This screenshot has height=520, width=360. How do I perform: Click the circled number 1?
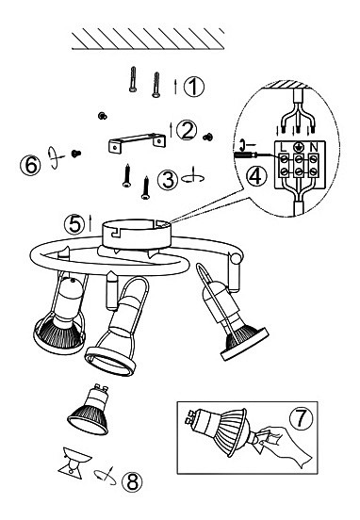point(194,87)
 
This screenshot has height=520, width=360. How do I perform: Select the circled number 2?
point(187,130)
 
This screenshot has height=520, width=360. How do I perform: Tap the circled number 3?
point(168,180)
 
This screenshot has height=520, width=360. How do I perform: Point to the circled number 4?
point(255,176)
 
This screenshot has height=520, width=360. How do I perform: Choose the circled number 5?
point(74,224)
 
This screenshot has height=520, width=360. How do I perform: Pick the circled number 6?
point(30,165)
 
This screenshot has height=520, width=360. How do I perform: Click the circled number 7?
point(301,418)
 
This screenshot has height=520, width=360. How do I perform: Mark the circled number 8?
point(132,481)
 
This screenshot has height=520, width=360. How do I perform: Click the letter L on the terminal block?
point(284,147)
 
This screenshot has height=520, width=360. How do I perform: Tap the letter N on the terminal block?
point(313,147)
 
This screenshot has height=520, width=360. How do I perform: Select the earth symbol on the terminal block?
point(299,147)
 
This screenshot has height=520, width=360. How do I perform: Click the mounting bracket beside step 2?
point(137,142)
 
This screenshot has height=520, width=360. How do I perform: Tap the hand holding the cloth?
point(286,446)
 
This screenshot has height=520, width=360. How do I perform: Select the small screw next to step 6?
point(76,154)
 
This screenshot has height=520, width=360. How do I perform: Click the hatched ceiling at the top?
point(148,39)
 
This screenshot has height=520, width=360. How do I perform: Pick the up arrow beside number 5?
point(90,222)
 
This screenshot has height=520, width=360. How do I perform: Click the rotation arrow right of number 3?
point(193,177)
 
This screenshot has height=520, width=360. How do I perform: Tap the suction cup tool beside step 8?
point(74,461)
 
